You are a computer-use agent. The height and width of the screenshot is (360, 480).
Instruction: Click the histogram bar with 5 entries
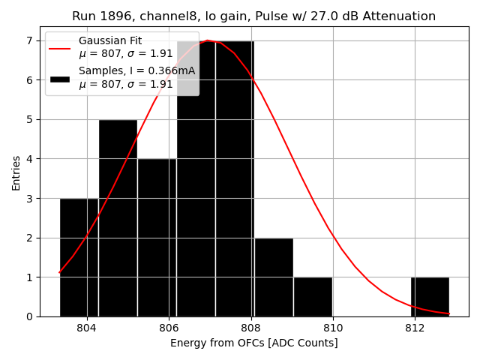pos(118,217)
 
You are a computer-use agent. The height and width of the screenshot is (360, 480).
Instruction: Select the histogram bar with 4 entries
pos(157,237)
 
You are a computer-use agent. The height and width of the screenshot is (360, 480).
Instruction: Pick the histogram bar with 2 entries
pos(274,277)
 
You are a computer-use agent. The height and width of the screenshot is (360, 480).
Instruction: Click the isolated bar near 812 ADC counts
pos(430,297)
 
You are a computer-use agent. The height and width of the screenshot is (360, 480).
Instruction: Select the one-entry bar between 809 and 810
pos(313,297)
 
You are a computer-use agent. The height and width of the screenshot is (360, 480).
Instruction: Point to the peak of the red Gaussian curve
pos(208,40)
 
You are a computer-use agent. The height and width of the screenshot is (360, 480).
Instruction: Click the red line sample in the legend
pos(59,47)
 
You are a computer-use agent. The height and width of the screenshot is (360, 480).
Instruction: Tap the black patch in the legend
pos(59,78)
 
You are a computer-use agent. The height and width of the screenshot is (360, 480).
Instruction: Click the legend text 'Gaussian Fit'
pos(110,40)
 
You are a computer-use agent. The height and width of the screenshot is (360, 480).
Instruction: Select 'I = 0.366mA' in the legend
pos(161,71)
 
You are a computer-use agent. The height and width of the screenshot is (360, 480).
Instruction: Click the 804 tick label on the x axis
pos(87,328)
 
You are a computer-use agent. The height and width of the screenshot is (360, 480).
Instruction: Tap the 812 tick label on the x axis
pos(415,328)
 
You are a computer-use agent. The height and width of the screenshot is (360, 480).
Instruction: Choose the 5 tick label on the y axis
pos(30,119)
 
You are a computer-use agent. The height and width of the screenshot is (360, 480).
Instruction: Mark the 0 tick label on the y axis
pos(30,316)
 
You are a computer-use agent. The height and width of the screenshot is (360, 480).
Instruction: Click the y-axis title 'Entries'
pos(16,173)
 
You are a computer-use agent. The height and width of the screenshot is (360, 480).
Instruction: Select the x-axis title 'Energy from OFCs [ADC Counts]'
pos(254,343)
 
